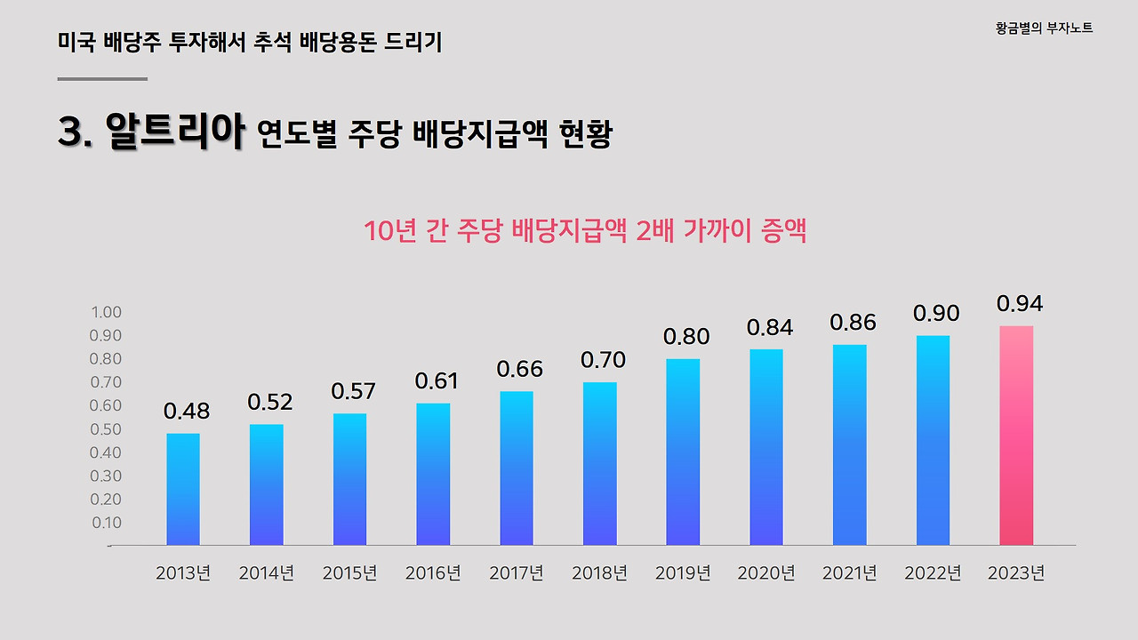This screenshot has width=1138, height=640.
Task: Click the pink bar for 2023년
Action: [1016, 436]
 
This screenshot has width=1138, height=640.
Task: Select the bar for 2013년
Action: [183, 489]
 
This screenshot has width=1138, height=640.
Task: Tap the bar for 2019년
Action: [683, 452]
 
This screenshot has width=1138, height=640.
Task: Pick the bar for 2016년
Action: [433, 474]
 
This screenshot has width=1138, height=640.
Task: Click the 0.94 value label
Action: [1019, 304]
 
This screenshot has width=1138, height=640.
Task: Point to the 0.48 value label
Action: [186, 412]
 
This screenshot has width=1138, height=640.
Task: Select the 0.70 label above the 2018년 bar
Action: [603, 360]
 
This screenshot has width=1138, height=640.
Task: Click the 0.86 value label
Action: [853, 323]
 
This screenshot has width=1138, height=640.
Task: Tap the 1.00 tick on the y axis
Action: [106, 312]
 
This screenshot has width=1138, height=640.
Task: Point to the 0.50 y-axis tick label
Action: [106, 429]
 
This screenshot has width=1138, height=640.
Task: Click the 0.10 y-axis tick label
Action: [106, 523]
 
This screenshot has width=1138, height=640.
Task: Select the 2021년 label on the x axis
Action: [850, 573]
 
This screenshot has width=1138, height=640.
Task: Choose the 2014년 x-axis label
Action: [266, 573]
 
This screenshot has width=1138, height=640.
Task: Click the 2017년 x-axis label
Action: [516, 573]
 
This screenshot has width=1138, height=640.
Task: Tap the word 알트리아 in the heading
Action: [174, 132]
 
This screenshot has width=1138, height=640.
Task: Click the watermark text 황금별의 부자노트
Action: [1044, 28]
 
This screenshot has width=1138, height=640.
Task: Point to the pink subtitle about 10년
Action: [585, 231]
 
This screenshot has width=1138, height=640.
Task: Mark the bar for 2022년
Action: [933, 440]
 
